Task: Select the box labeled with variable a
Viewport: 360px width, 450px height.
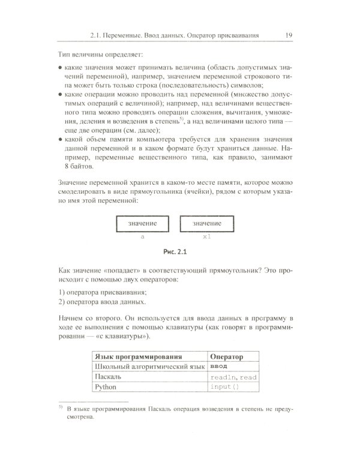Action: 142,224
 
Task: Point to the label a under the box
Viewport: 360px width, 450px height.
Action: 142,238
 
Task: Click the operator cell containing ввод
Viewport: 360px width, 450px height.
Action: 220,367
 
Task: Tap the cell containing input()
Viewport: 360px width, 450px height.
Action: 224,388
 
